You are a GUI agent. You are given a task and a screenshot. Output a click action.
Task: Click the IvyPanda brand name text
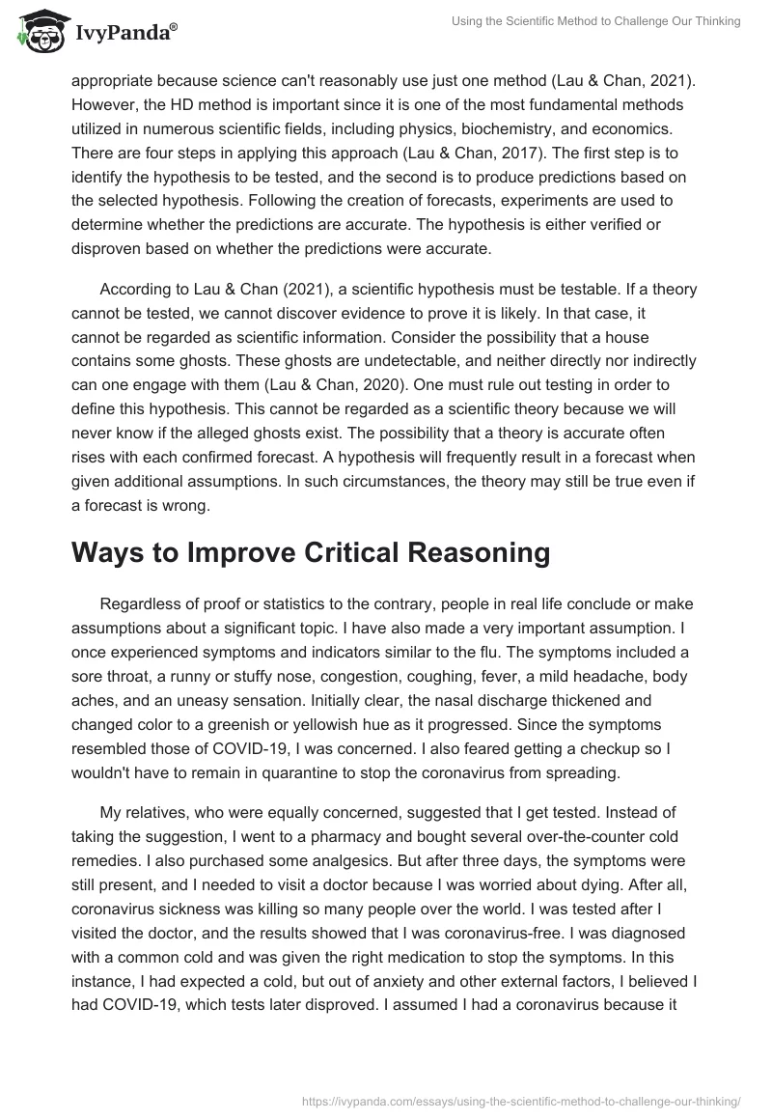[x=126, y=36]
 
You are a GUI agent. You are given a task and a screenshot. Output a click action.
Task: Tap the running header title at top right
[x=596, y=21]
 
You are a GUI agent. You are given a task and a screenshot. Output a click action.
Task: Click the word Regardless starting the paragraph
[x=142, y=603]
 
